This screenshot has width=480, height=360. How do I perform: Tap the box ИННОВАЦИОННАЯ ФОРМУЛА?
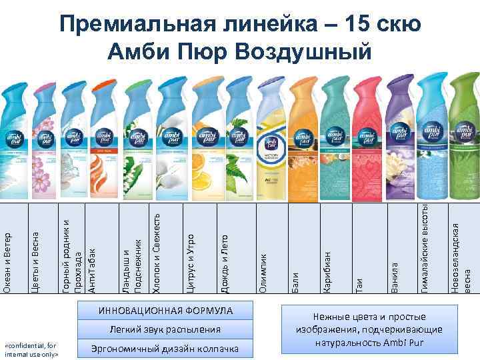coord(166,311)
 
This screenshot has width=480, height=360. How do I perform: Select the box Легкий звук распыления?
coord(166,329)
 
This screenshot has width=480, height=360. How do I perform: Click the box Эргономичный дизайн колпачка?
coord(166,349)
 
